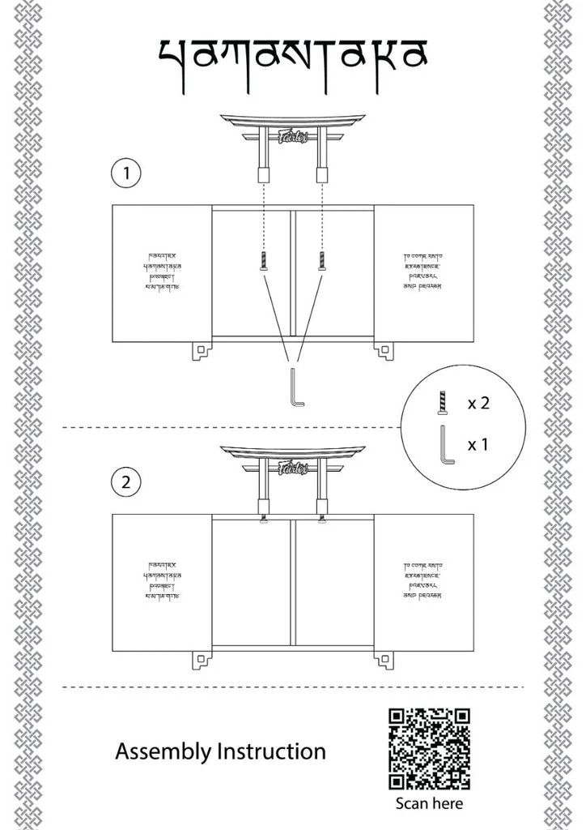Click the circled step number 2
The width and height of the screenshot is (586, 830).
[125, 483]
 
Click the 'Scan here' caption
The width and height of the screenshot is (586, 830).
[429, 803]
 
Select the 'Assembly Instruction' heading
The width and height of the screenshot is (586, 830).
[220, 751]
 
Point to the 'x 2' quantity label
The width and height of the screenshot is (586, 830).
[478, 403]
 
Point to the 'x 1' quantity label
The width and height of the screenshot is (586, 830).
[478, 444]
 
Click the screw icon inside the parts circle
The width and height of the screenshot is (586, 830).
[442, 402]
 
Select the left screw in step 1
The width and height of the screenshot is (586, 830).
[264, 260]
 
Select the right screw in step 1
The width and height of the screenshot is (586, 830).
[321, 260]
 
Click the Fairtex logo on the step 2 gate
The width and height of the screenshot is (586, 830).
[292, 468]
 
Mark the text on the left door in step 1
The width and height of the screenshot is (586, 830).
[161, 272]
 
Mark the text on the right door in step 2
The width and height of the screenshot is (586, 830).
[423, 580]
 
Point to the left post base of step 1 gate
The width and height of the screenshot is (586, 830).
[264, 173]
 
